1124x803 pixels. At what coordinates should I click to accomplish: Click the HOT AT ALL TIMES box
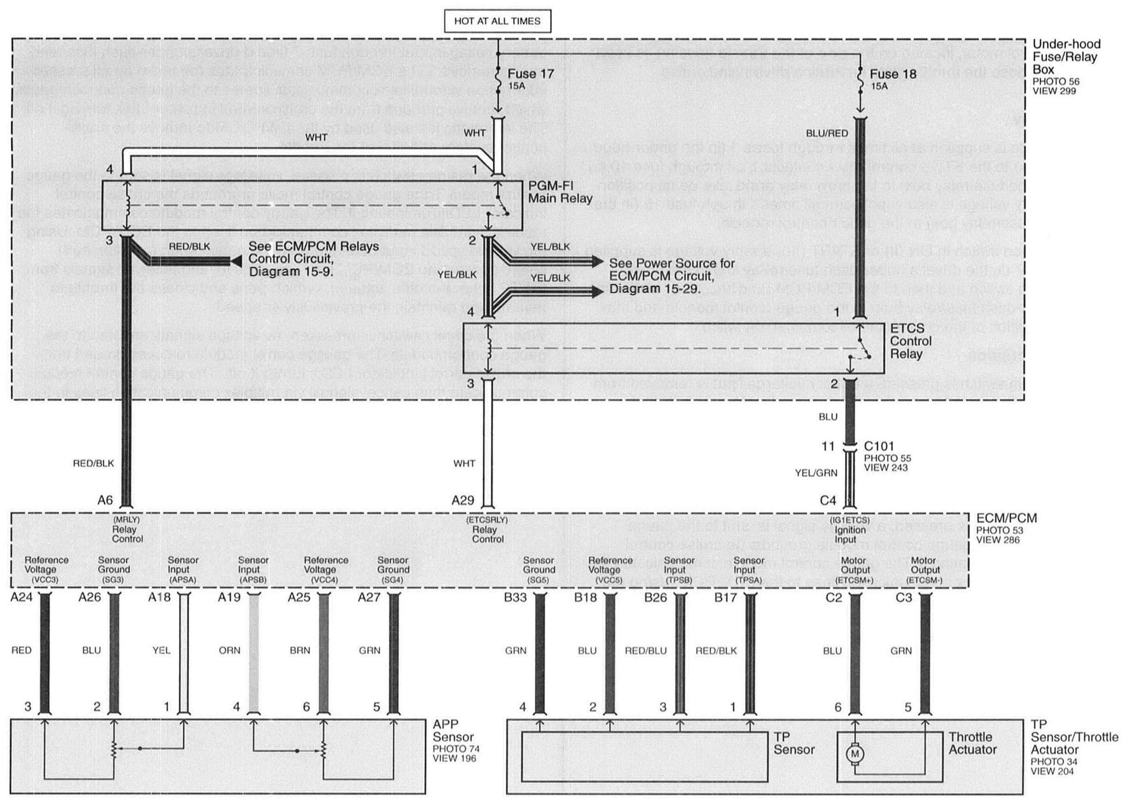497,21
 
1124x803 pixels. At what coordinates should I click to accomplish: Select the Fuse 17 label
530,74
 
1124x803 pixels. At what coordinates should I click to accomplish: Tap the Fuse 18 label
893,74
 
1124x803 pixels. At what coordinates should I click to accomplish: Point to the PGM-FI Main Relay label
560,192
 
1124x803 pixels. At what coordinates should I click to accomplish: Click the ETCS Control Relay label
910,341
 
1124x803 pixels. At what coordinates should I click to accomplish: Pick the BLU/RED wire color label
827,133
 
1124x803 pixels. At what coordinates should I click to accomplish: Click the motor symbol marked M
855,754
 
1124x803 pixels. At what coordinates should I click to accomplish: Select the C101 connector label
879,446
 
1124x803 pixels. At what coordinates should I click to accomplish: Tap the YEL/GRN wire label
816,473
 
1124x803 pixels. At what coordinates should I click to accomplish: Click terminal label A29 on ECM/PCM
463,500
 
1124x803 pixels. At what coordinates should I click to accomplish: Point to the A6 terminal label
105,500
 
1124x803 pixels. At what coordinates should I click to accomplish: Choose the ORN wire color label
229,650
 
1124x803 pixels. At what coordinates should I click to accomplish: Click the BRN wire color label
299,650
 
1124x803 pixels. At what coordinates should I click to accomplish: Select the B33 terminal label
515,597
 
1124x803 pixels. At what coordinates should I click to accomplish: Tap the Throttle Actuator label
972,743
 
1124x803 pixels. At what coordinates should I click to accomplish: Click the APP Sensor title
453,731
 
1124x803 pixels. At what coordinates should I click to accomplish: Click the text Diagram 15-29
654,288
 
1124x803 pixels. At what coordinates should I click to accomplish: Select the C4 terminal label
828,500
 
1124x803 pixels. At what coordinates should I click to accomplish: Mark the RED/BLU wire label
646,651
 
